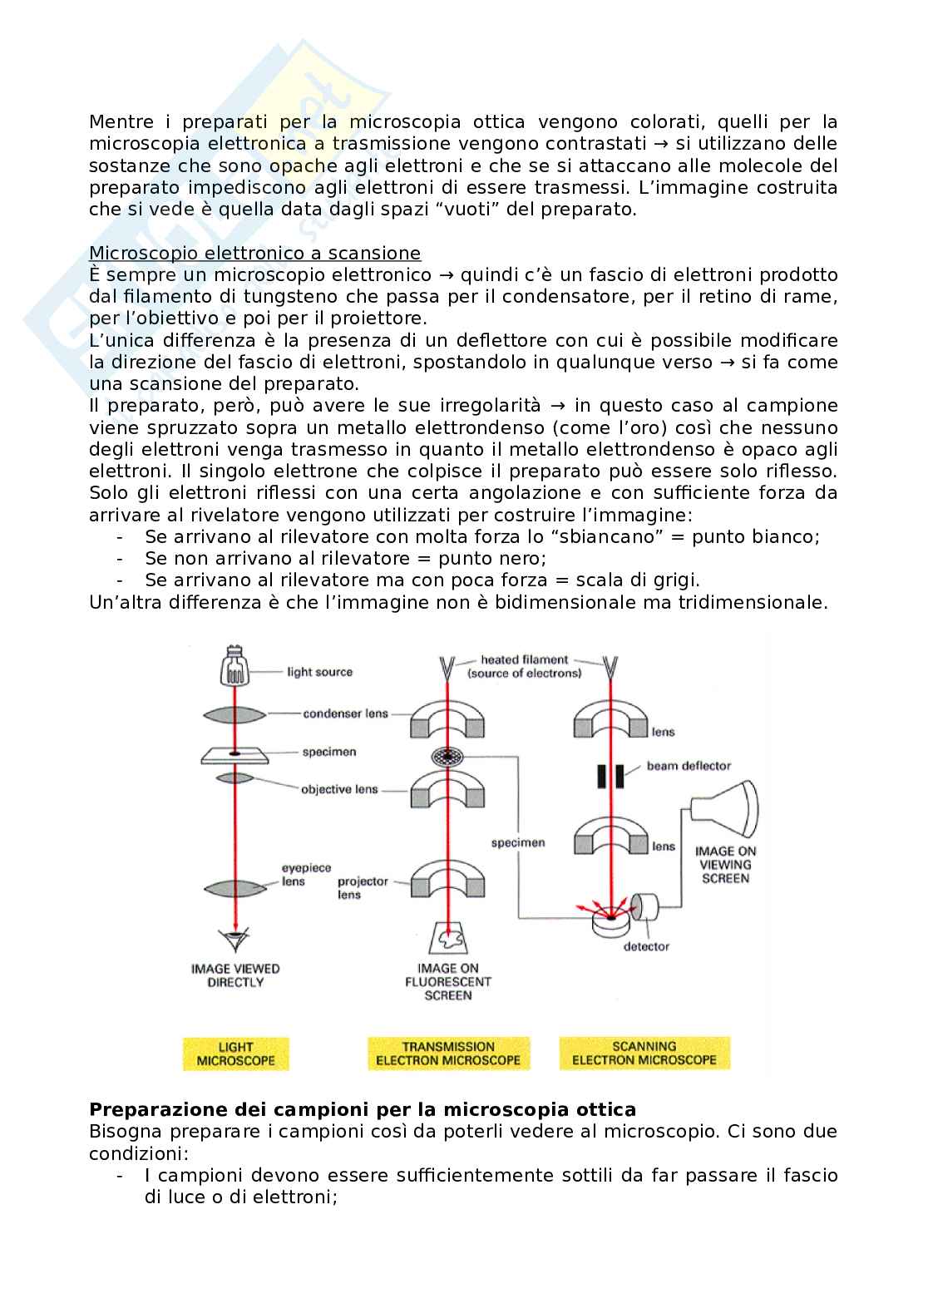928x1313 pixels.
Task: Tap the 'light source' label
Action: coord(319,672)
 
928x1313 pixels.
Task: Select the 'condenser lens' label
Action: coord(345,713)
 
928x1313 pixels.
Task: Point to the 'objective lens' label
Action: coord(339,789)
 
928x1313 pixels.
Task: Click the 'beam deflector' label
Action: coord(689,766)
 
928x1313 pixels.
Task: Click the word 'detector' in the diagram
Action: coord(646,946)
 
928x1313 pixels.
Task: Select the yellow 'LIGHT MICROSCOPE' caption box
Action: coord(235,1054)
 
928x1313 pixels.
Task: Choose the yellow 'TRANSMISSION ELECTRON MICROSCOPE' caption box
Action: coord(448,1054)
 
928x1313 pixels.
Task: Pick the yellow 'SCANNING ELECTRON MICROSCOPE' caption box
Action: coord(644,1053)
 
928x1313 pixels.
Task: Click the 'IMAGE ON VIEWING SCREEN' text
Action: coord(725,865)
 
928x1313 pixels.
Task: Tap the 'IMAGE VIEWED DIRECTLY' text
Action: coord(235,975)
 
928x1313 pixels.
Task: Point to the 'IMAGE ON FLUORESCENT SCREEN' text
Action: coord(448,981)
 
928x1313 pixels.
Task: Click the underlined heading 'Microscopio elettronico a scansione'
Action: coord(254,253)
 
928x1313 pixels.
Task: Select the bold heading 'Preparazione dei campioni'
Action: coord(363,1109)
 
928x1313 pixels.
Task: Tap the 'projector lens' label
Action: coord(363,888)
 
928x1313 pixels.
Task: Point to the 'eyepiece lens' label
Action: coord(294,875)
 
